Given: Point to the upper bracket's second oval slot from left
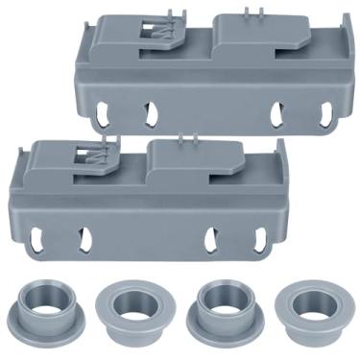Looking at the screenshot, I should coord(149,114).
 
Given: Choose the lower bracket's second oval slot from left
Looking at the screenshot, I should coord(84,239).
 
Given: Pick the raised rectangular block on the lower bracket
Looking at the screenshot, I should coord(187,163).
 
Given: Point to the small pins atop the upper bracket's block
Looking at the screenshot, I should coord(252,12).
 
